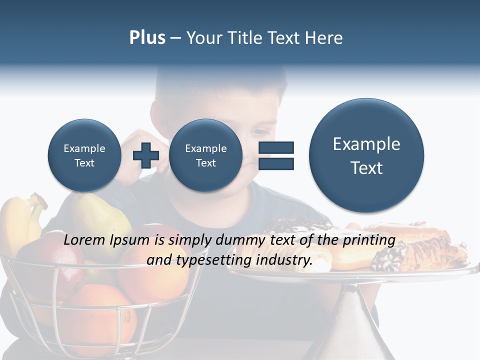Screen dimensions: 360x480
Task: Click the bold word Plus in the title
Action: tap(147, 38)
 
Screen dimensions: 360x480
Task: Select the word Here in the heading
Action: tap(323, 38)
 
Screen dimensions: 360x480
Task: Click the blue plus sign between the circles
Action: tap(145, 155)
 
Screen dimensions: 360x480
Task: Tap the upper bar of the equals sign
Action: tap(275, 147)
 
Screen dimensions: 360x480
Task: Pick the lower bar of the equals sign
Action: tap(275, 163)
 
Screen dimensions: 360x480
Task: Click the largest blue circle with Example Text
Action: tap(366, 155)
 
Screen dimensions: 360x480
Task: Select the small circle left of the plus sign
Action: tap(84, 155)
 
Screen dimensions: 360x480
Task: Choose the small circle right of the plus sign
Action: tap(205, 155)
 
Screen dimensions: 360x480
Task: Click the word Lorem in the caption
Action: tap(84, 240)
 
